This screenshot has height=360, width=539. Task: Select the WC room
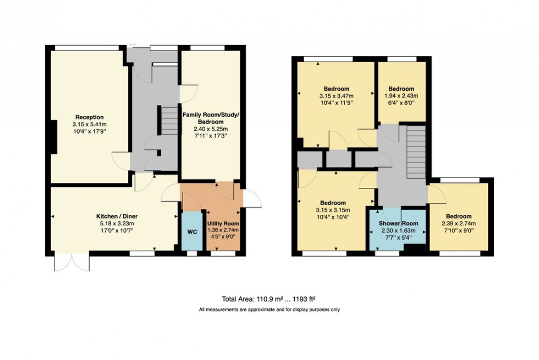(x=192, y=232)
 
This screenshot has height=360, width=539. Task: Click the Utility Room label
(x=223, y=224)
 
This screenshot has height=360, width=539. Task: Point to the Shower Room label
(x=399, y=224)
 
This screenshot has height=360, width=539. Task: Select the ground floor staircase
(x=167, y=121)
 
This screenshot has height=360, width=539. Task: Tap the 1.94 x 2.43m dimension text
(x=401, y=95)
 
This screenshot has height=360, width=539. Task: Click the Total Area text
(x=269, y=300)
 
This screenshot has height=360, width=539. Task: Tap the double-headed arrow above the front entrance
(x=133, y=45)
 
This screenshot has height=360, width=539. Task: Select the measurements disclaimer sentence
(x=269, y=309)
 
